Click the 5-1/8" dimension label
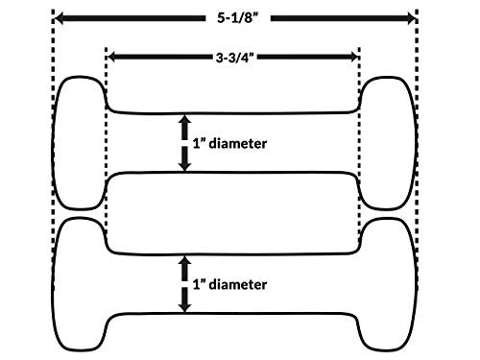pos(237,18)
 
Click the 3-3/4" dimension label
pos(235,58)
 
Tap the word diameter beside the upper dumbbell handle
pos(238,143)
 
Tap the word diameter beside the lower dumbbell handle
pos(238,284)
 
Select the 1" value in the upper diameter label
pos(199,143)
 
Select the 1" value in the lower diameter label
pos(199,284)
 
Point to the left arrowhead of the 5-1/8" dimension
pos(60,18)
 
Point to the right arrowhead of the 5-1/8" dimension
pos(410,18)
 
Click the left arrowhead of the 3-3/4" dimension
pos(110,58)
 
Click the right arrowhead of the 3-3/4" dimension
pos(354,58)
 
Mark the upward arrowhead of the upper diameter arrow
pos(184,119)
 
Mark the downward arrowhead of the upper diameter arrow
pos(184,166)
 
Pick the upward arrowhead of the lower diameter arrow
pos(184,260)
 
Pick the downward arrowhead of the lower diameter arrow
pos(184,307)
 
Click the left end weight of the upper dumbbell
pos(79,143)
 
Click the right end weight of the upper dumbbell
pos(387,143)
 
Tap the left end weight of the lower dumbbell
pos(79,284)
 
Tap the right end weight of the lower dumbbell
pos(387,284)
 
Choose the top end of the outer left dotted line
pos(53,11)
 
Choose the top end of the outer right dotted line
pos(417,11)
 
